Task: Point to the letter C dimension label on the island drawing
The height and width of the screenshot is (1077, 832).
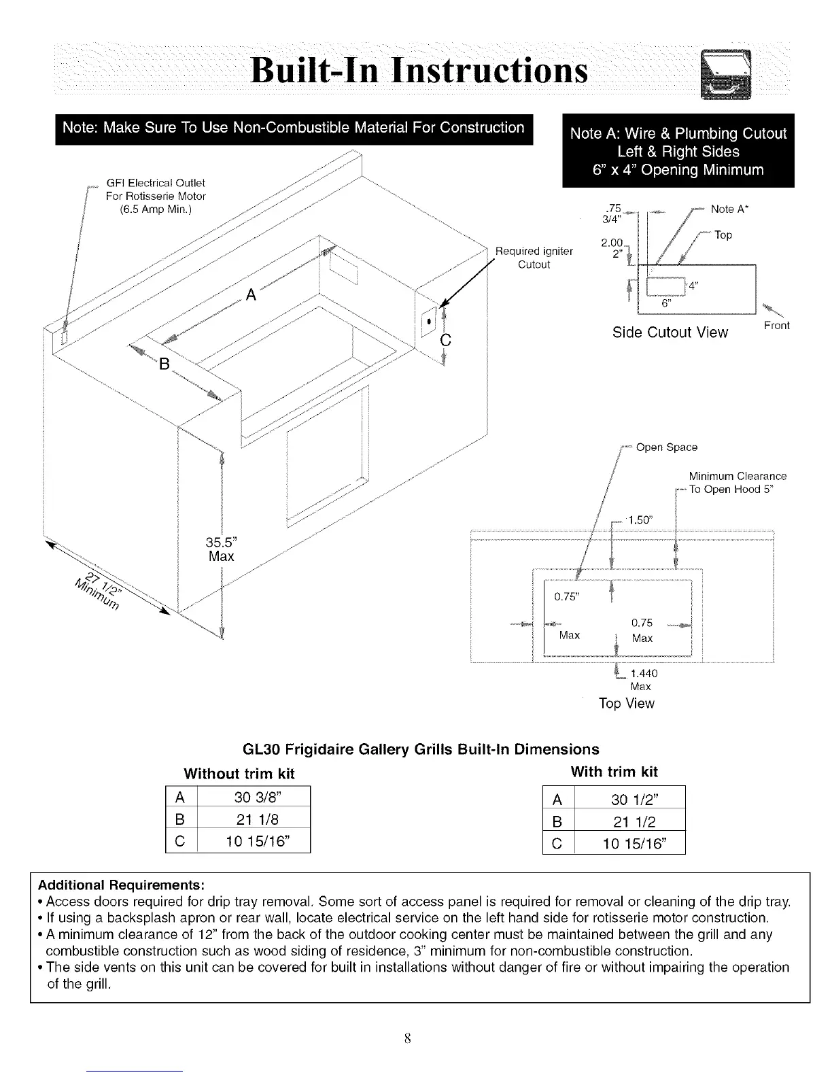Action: [446, 339]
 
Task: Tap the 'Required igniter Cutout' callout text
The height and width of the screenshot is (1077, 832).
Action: [534, 258]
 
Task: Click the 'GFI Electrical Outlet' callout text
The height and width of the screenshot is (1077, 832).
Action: [156, 183]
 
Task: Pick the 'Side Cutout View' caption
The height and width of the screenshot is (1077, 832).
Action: [670, 332]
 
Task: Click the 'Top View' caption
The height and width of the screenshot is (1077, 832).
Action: [626, 704]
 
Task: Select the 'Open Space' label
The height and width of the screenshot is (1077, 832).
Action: [666, 447]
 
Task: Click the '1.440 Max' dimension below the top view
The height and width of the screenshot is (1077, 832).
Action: [643, 679]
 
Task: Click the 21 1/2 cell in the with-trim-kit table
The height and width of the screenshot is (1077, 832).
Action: [629, 822]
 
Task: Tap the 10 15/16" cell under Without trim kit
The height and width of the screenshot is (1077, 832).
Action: [253, 841]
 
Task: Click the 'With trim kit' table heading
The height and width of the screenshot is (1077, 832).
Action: [614, 772]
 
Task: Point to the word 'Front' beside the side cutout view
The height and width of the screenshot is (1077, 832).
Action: [776, 326]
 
